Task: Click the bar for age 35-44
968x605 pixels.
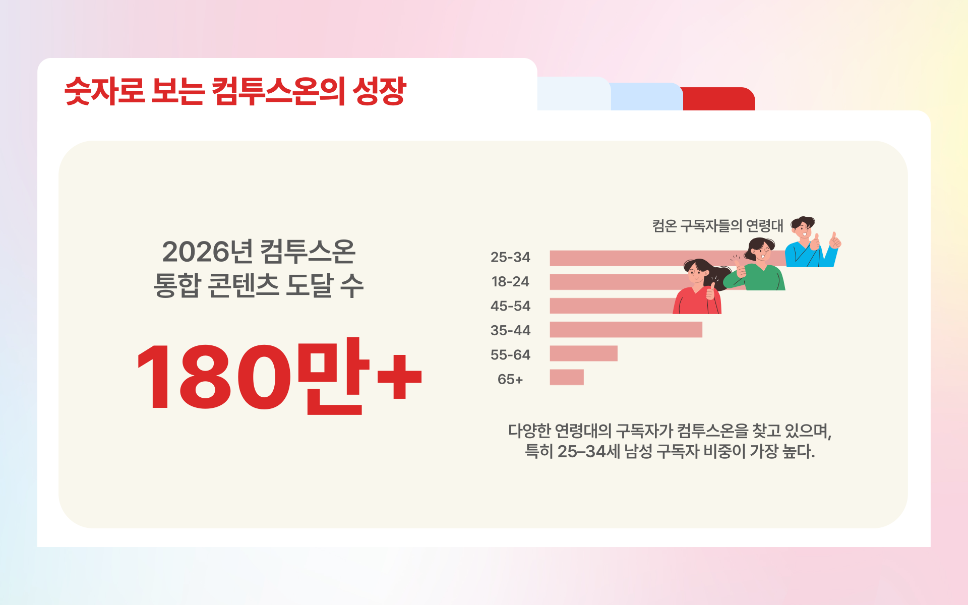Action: [x=626, y=330]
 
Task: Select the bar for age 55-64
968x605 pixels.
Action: [x=583, y=353]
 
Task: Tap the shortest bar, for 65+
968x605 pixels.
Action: [x=567, y=377]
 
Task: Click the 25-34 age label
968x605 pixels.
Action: [x=510, y=257]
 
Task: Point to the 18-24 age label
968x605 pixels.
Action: [x=510, y=281]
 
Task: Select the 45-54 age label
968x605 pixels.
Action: [x=510, y=306]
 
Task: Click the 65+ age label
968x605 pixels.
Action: [x=510, y=379]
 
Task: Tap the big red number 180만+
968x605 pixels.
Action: [x=279, y=376]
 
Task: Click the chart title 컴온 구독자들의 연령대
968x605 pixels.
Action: [x=718, y=225]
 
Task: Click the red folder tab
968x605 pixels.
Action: [x=719, y=99]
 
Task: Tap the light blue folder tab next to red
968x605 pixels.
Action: [x=646, y=97]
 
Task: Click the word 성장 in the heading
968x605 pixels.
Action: [x=379, y=91]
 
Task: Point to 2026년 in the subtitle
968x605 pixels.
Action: [x=207, y=252]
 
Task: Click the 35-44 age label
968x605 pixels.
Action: [x=510, y=330]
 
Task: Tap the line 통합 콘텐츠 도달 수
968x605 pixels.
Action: [x=259, y=285]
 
